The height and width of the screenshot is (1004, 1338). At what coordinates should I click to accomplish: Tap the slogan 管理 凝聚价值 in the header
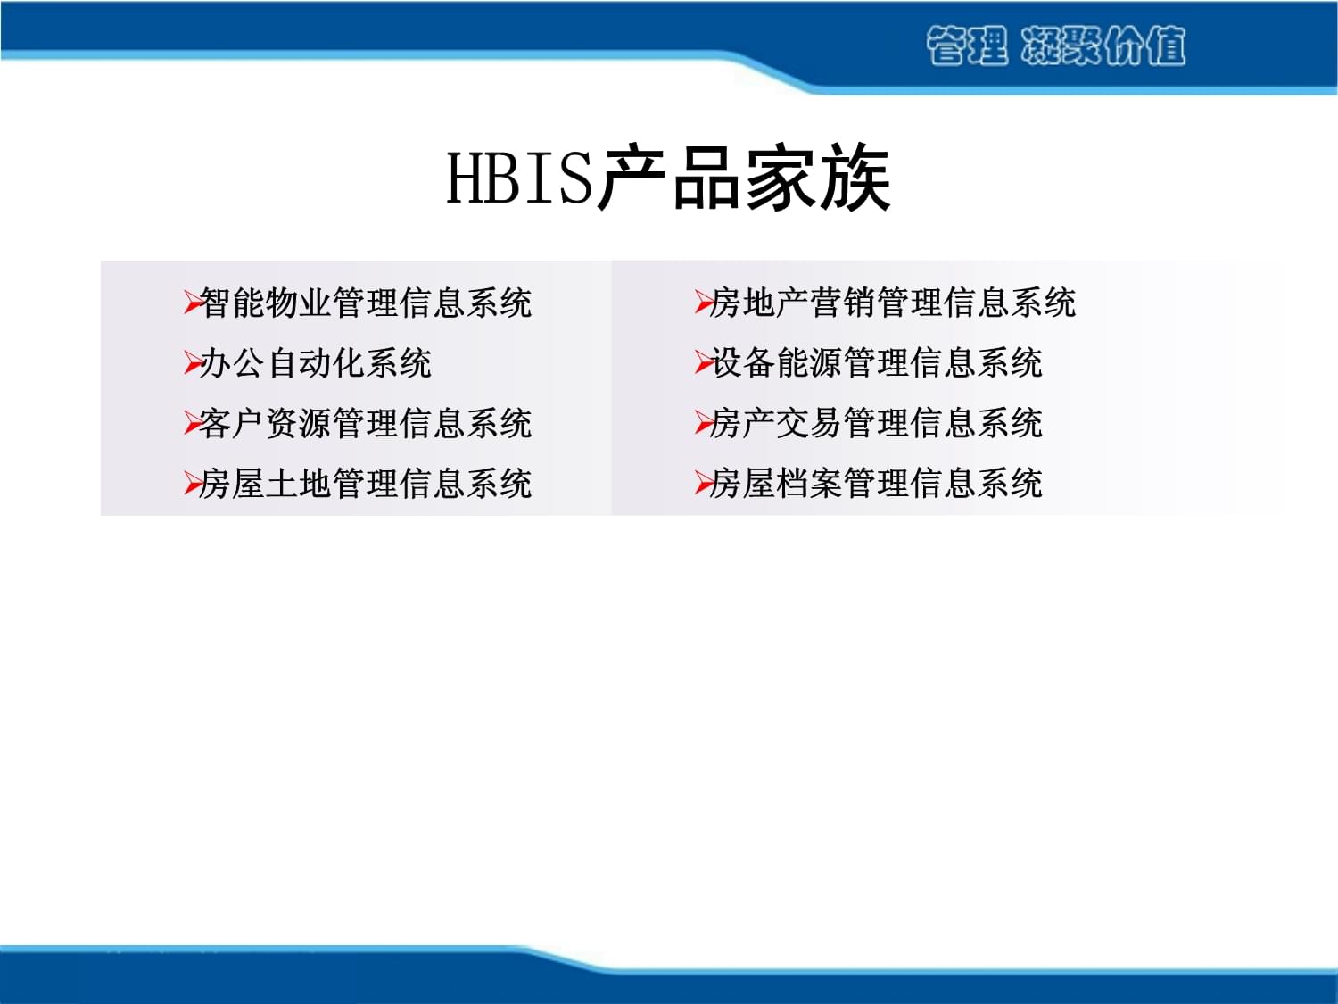[1055, 46]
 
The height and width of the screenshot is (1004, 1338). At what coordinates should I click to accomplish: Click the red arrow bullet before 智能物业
[192, 303]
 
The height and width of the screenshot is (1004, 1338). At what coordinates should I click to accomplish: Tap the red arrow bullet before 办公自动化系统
[192, 363]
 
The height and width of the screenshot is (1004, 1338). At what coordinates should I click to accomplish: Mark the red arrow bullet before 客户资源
[192, 423]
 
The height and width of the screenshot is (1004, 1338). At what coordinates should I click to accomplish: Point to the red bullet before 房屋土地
[192, 484]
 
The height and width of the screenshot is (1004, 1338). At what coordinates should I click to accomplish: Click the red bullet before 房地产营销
[703, 303]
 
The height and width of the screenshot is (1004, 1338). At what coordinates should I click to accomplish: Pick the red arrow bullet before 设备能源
[703, 363]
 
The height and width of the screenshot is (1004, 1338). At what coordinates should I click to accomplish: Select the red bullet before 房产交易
[703, 423]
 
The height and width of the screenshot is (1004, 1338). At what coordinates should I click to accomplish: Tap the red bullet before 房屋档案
[703, 484]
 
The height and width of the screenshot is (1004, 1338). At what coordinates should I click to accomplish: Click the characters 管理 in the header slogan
[966, 46]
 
